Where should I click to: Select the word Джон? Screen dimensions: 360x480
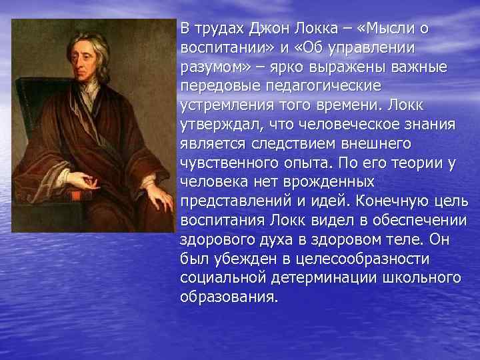(x=266, y=28)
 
